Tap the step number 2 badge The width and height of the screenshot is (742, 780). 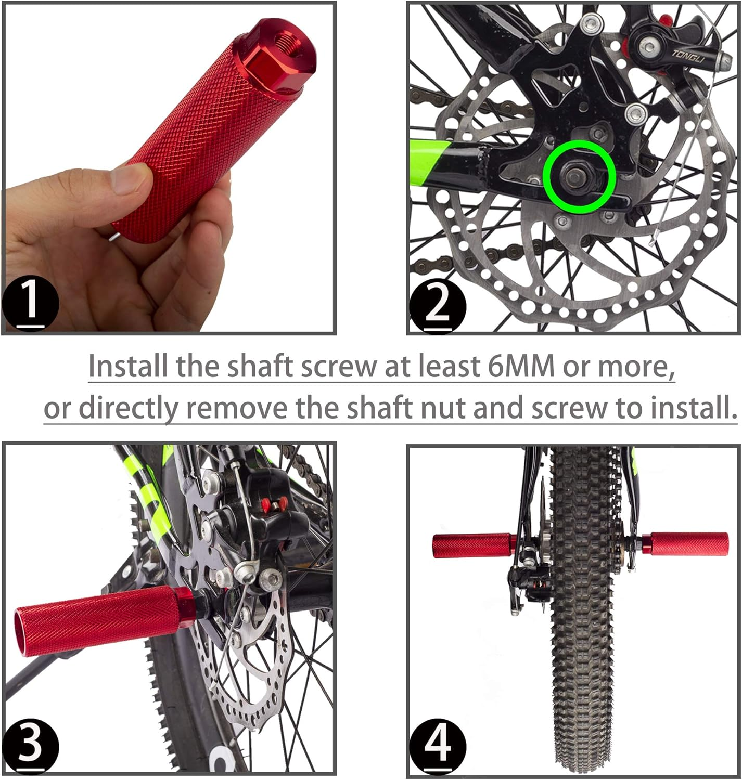(438, 305)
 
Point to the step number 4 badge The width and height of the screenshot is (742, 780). (438, 747)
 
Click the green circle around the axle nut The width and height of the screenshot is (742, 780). (579, 177)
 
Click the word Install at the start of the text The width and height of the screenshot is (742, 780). (128, 367)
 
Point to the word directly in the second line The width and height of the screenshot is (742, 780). (127, 408)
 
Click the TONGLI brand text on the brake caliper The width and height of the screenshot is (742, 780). (687, 56)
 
